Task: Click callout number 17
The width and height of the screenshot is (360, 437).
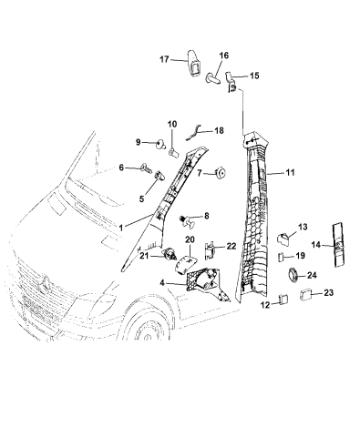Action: point(164,59)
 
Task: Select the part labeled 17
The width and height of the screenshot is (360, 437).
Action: point(193,63)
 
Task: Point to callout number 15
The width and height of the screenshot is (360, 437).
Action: point(254,76)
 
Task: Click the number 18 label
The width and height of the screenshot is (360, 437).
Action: point(219,130)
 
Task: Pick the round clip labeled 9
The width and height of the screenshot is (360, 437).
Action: point(160,144)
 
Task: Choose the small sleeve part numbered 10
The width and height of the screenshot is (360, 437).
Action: point(173,152)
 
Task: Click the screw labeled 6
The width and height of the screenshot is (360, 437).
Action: point(146,168)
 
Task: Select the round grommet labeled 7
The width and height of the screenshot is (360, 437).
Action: point(221,173)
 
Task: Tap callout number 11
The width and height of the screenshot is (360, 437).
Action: point(290,172)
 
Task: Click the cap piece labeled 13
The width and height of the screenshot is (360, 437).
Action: point(283,239)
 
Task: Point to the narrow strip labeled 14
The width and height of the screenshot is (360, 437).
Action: point(339,245)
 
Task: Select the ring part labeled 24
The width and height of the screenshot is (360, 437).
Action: point(293,275)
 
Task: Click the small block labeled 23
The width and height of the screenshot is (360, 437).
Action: point(305,295)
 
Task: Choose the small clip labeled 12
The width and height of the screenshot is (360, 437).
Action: point(283,300)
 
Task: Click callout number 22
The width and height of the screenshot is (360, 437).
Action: point(231,246)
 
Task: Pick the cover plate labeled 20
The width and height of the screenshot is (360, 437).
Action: point(185,263)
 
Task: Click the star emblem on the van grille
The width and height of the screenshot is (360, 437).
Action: point(46,282)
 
